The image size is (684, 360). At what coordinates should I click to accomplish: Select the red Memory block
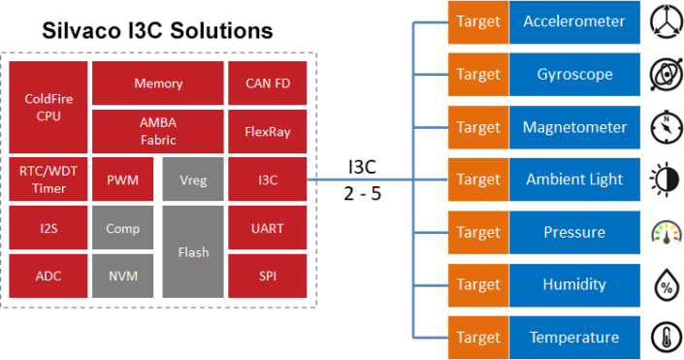coord(157,83)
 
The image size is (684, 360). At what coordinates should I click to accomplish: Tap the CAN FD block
coord(268,83)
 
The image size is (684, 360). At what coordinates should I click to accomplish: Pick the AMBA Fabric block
coord(157,131)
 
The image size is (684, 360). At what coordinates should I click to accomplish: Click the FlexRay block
coord(268,131)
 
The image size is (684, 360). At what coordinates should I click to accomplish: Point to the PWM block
coord(122,180)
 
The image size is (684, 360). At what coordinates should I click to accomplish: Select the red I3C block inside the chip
coord(268,180)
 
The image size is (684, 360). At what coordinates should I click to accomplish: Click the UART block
coord(268,228)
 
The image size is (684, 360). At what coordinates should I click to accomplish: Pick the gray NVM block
coord(122,276)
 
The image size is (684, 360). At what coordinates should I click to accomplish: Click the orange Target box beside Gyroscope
coord(477,75)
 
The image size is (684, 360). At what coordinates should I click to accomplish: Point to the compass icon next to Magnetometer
coord(664,127)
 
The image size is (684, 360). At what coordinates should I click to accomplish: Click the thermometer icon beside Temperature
coord(664,337)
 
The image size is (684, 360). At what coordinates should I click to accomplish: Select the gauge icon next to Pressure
coord(664,233)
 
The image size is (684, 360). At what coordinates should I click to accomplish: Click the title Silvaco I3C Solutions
coord(157,30)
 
